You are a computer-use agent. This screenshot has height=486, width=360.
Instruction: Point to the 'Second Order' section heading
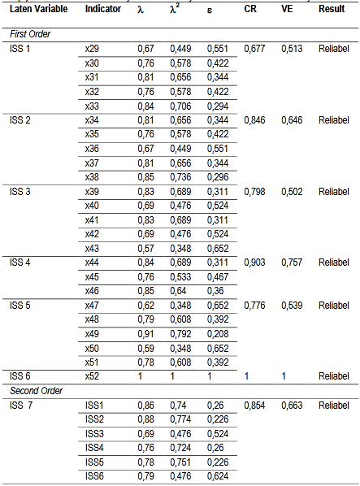click(x=34, y=390)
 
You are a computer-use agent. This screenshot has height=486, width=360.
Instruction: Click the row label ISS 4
click(x=20, y=263)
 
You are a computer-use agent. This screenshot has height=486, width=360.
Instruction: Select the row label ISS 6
click(x=20, y=375)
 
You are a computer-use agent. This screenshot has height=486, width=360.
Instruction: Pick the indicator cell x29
click(x=92, y=50)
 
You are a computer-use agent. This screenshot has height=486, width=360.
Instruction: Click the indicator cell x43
click(x=92, y=248)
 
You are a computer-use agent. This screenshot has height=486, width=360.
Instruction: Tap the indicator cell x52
click(x=92, y=375)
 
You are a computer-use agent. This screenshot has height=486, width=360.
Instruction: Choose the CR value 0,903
click(x=255, y=263)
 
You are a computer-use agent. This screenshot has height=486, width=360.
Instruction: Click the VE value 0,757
click(x=293, y=263)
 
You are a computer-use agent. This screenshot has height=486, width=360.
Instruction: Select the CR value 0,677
click(x=255, y=50)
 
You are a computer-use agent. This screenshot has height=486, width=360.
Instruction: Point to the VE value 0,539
click(x=293, y=305)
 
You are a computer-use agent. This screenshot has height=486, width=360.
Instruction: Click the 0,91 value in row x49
click(x=145, y=333)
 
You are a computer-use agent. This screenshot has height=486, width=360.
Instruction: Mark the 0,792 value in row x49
click(x=181, y=333)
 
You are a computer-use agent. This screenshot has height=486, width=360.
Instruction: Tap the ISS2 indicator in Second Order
click(x=95, y=419)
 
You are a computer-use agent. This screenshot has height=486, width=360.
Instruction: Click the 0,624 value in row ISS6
click(x=217, y=475)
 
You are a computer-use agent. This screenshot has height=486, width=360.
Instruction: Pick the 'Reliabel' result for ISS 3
click(x=333, y=191)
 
